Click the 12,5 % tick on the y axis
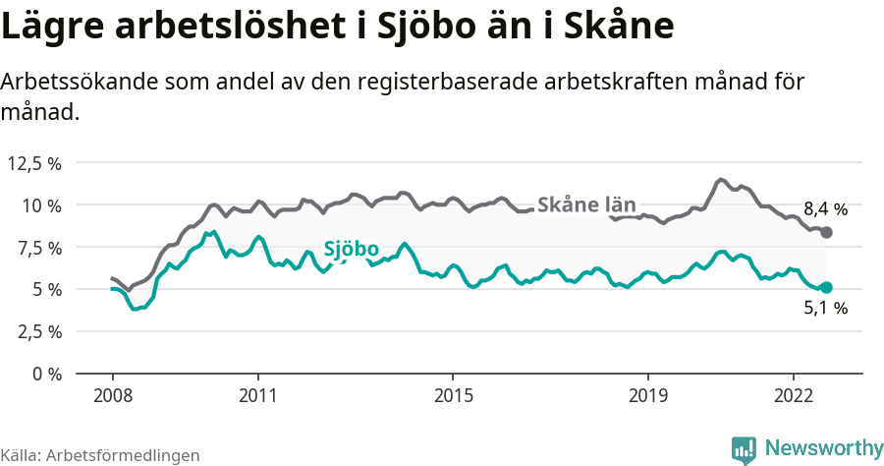[x=35, y=163]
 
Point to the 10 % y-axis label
[x=42, y=205]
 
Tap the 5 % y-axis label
[x=47, y=290]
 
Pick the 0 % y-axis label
[x=47, y=374]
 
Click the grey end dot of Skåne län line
[x=826, y=232]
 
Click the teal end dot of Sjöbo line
[x=826, y=287]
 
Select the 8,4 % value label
[x=825, y=208]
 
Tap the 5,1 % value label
[x=825, y=309]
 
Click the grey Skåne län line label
[x=586, y=205]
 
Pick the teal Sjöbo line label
[x=351, y=250]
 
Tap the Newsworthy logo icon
[x=743, y=449]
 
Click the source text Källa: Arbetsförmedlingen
[x=100, y=455]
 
